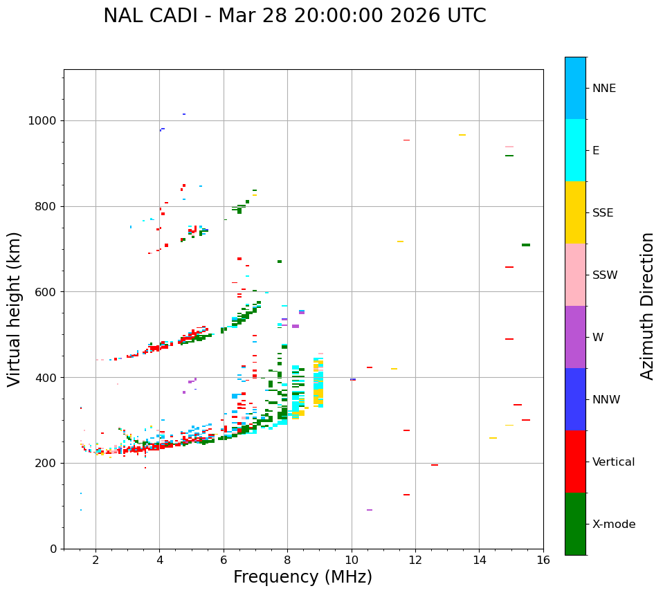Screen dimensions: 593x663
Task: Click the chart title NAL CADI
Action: tap(294, 16)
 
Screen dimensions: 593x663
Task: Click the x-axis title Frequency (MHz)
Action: tap(302, 577)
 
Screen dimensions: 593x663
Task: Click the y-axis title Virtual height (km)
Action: tap(15, 309)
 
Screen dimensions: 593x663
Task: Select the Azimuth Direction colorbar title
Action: tap(647, 306)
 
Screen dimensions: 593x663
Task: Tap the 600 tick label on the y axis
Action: tap(46, 292)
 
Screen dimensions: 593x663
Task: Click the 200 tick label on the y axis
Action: tap(46, 463)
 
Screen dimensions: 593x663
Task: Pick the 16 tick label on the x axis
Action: tap(543, 560)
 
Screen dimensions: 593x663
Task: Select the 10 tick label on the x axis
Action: tap(352, 560)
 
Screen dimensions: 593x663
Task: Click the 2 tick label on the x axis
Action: tap(96, 560)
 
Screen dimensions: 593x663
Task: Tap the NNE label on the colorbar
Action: tap(603, 89)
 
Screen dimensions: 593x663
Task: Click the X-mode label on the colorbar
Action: tap(614, 524)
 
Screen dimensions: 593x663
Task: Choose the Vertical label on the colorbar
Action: tap(613, 462)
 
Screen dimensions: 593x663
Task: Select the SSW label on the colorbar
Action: tap(605, 275)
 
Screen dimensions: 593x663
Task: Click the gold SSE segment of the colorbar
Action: tap(575, 212)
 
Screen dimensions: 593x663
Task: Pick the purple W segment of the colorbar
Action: tap(575, 337)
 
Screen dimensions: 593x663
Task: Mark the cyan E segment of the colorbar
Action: tap(575, 150)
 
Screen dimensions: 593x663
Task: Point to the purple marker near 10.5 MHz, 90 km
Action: tap(370, 510)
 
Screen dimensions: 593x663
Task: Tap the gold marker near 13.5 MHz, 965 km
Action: tap(462, 135)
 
